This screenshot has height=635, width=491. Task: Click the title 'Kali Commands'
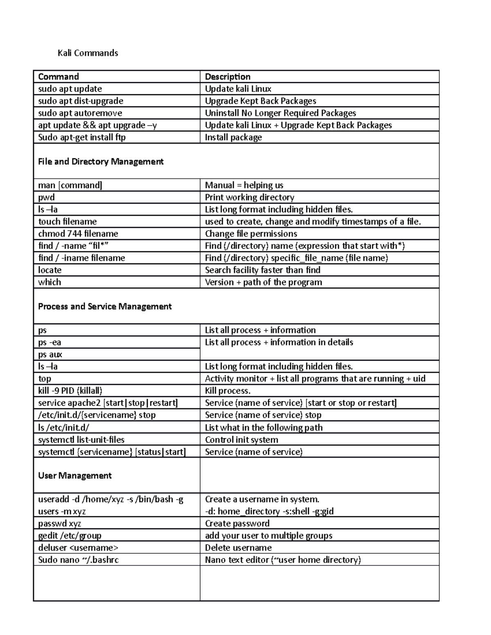click(x=88, y=53)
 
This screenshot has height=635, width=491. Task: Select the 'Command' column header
click(x=59, y=77)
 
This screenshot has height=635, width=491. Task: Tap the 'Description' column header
click(x=227, y=77)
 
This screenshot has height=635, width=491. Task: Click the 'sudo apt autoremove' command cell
click(x=80, y=113)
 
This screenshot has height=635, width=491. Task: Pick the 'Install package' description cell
click(x=233, y=137)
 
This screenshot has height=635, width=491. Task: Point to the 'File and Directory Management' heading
click(x=101, y=162)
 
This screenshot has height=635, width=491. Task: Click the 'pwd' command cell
click(x=46, y=197)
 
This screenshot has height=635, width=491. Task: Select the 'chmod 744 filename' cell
click(x=78, y=234)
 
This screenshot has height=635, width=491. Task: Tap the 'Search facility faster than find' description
click(x=262, y=270)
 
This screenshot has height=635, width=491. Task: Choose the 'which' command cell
click(x=50, y=282)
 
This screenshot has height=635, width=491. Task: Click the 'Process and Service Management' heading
click(x=105, y=306)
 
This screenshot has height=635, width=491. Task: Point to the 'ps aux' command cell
click(x=50, y=355)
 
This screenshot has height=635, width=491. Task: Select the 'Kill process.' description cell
click(x=227, y=391)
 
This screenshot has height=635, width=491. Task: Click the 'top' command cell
click(x=45, y=379)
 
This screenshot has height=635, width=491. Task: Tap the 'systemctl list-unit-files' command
click(x=81, y=440)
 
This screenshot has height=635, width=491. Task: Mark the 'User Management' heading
click(x=74, y=476)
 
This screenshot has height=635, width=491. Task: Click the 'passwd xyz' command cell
click(x=59, y=524)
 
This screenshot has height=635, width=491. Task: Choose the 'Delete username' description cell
click(x=238, y=548)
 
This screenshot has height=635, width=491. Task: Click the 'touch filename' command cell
click(x=68, y=222)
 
